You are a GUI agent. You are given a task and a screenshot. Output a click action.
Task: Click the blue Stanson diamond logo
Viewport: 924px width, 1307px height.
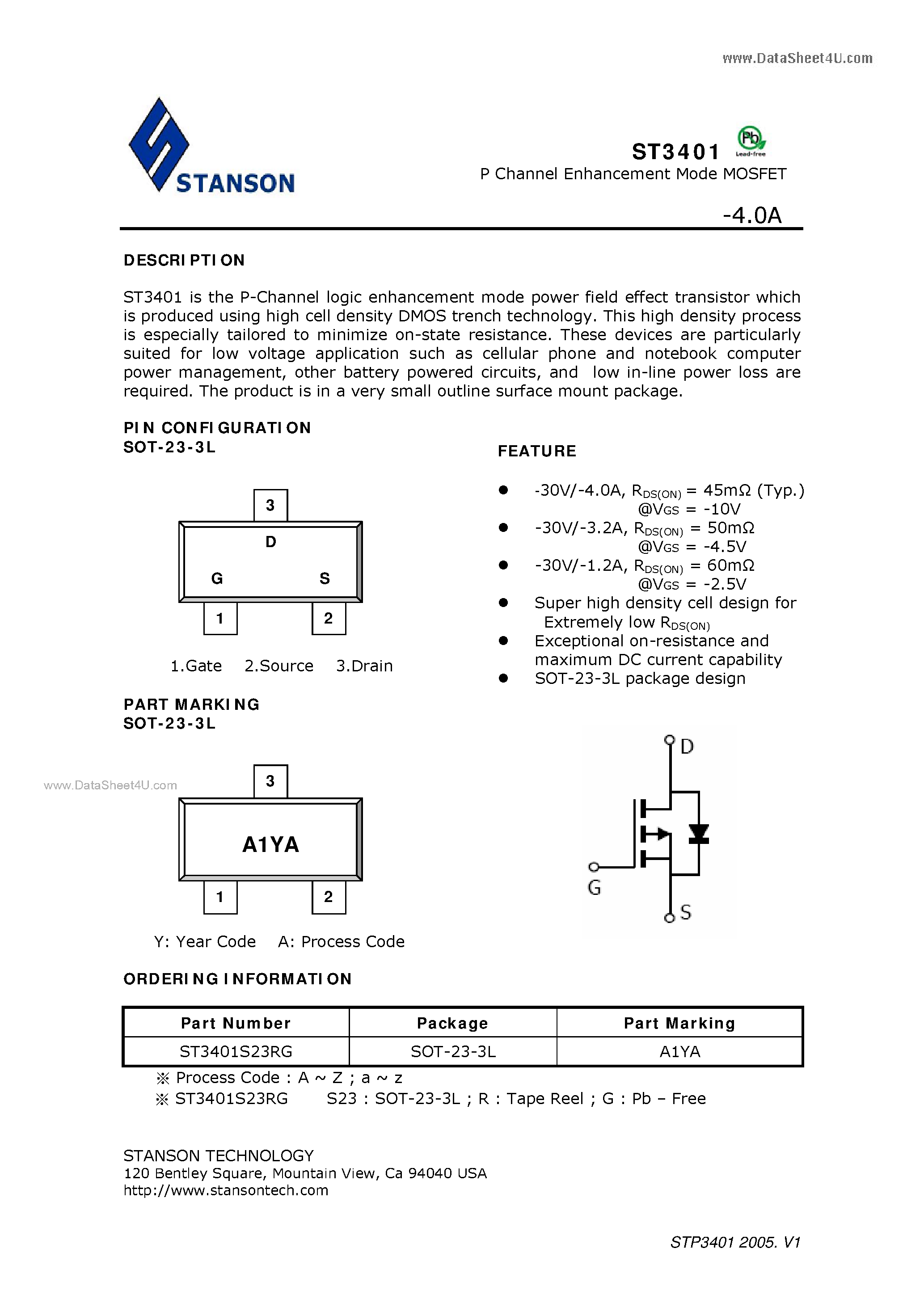(159, 144)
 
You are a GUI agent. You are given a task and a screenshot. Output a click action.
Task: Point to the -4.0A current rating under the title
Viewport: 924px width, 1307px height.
(752, 215)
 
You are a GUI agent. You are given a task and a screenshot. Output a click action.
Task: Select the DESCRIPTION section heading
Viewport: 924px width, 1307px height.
(184, 260)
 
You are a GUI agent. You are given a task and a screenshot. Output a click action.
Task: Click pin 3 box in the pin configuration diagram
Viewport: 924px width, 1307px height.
(270, 505)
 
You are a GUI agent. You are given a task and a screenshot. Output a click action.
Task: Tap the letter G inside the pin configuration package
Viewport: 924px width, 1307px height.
(217, 578)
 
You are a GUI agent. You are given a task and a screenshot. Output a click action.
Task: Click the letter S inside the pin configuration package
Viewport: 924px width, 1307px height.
(325, 578)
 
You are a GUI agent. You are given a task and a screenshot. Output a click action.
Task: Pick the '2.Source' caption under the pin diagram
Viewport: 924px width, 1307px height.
(279, 666)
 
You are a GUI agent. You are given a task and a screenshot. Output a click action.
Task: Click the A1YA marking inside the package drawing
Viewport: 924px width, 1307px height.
(270, 844)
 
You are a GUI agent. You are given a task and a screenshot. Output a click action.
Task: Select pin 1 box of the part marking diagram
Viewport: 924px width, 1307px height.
(220, 897)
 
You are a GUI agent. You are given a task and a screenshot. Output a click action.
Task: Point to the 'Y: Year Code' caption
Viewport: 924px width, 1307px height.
(204, 941)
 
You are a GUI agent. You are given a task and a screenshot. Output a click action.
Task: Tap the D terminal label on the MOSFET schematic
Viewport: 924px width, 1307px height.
(687, 746)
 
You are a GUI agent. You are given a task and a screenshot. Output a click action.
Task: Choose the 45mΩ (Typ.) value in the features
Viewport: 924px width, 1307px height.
(753, 490)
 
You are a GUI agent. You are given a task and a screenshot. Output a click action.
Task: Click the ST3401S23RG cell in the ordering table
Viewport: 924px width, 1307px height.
(236, 1051)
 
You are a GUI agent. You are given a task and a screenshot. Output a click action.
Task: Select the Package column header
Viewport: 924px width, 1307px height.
(452, 1023)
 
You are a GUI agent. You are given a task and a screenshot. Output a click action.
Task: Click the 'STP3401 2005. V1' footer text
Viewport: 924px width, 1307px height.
(735, 1242)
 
